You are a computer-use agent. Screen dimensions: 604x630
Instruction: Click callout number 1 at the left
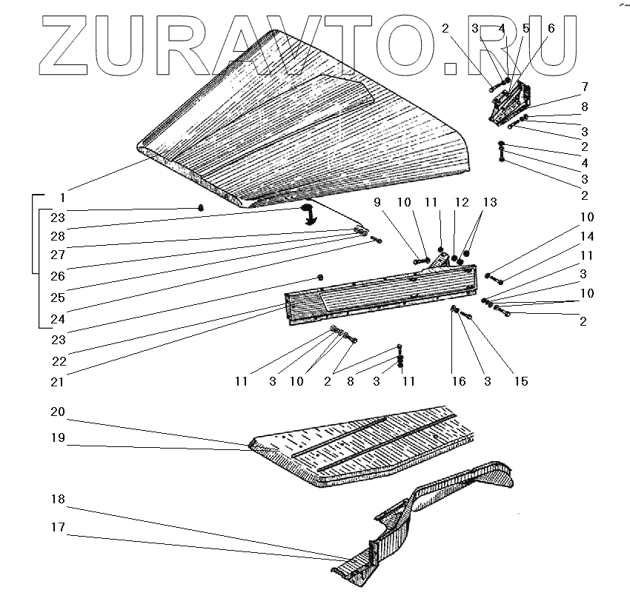[x=63, y=198]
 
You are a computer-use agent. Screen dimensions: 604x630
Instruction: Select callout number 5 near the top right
[x=525, y=29]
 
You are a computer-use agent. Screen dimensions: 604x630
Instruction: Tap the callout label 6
[x=551, y=29]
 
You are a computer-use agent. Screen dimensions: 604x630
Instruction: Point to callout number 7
[x=585, y=87]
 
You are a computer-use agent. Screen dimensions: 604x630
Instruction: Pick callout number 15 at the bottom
[x=522, y=381]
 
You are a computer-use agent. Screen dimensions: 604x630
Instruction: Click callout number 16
[x=459, y=381]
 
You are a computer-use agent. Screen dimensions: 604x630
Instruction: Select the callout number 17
[x=58, y=528]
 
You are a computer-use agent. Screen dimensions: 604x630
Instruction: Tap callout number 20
[x=58, y=412]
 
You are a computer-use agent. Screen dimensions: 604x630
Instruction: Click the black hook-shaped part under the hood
[x=308, y=215]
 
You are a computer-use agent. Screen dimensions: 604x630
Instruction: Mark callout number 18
[x=58, y=500]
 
